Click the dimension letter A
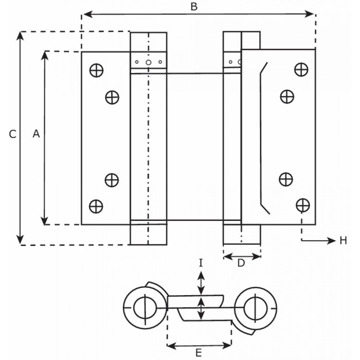[36, 134]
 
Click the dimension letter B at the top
[194, 7]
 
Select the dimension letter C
[13, 134]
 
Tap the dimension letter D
[240, 263]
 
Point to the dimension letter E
[199, 353]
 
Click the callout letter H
[343, 240]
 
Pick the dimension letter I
[201, 263]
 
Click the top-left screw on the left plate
[96, 69]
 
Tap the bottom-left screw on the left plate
[96, 206]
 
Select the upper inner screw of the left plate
[112, 97]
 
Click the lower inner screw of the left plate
[112, 179]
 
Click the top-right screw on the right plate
[301, 69]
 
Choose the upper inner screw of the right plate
[286, 96]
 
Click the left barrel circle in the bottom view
[144, 308]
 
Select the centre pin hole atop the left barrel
[148, 62]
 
